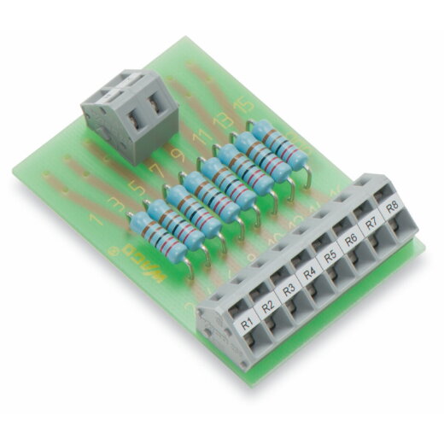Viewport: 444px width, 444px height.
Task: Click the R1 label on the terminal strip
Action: point(248,324)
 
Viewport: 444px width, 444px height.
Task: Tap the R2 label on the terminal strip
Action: point(268,305)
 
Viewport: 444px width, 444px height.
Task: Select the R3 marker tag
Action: point(289,288)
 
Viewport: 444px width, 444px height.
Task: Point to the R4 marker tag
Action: point(310,272)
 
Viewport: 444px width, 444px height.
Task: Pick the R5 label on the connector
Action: point(330,256)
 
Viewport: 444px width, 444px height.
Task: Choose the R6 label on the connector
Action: point(350,240)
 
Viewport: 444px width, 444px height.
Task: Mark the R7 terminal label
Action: point(371,224)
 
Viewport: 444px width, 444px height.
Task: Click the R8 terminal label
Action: point(390,207)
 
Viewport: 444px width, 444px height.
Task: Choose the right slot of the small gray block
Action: point(155,108)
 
